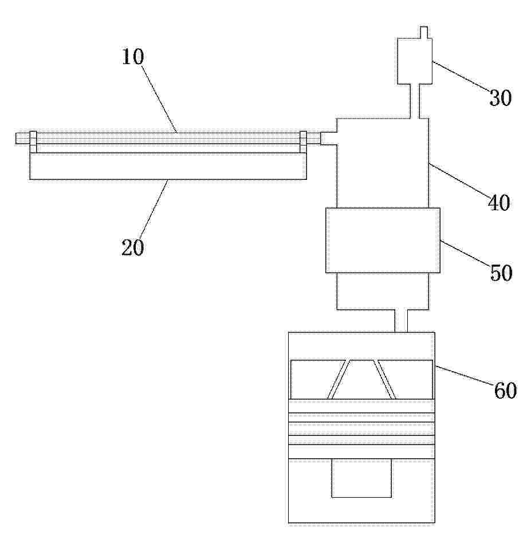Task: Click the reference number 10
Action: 133,57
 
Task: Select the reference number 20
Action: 133,247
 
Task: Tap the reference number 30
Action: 501,98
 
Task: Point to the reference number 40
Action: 499,203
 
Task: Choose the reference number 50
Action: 501,273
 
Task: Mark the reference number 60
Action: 505,391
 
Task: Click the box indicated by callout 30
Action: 415,61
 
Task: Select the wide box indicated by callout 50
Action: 383,240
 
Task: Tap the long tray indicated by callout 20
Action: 168,166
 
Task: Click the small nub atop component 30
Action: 424,32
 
